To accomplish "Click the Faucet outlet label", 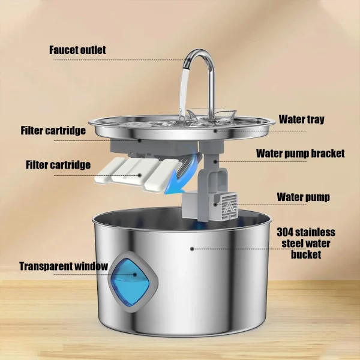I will click(77, 50).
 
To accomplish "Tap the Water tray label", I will click(301, 119).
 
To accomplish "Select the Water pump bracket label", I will click(300, 153).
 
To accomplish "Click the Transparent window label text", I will click(63, 266).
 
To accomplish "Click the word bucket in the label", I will click(306, 254).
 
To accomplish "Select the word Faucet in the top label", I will click(64, 50).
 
